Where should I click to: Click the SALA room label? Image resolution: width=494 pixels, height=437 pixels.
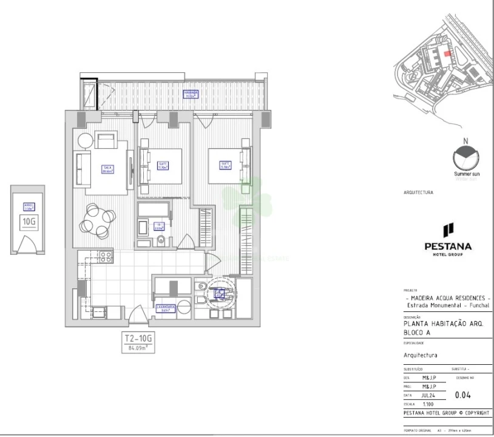coord(108,169)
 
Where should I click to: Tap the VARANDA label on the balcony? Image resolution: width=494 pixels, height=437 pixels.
coord(192,93)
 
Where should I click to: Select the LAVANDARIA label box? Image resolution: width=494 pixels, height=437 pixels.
coord(166,308)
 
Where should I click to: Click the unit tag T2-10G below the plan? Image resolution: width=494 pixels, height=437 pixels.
coord(139,339)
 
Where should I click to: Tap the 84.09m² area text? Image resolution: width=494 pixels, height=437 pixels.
coord(139,348)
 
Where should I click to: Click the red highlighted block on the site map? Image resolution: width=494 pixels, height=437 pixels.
coord(447,53)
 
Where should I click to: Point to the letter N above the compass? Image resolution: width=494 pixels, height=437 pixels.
coord(465,141)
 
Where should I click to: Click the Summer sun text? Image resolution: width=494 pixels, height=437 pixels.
coord(467,174)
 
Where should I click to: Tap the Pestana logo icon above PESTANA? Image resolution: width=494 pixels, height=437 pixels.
coord(448,230)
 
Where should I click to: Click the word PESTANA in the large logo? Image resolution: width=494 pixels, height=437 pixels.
coord(448,246)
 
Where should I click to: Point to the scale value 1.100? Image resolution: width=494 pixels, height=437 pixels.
coord(428,403)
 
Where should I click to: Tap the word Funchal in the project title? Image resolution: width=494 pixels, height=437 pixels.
coord(472,305)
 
